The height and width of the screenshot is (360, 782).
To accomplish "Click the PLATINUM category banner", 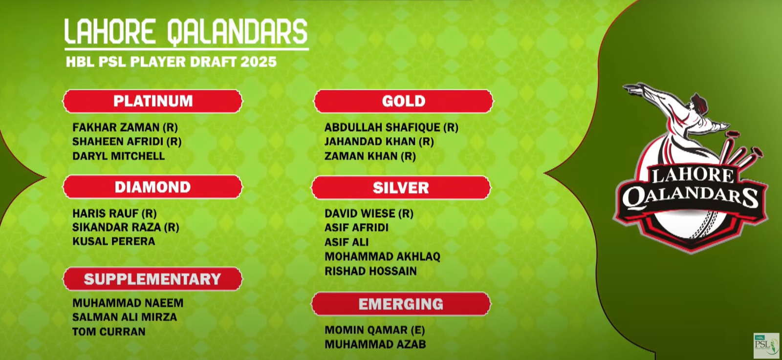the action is click(x=152, y=101).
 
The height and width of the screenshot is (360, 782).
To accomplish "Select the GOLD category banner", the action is click(x=404, y=101).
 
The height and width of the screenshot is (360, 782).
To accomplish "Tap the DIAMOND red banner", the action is click(x=152, y=187).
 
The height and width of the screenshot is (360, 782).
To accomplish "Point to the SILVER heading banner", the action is click(x=401, y=188).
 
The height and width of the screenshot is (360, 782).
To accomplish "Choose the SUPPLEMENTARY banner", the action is click(x=152, y=279).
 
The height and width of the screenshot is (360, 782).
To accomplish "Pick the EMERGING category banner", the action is click(x=401, y=304).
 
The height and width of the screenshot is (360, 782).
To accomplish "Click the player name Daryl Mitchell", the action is click(x=119, y=156).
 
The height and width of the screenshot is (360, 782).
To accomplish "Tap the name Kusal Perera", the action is click(x=114, y=241).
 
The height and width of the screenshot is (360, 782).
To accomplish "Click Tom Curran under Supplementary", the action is click(x=109, y=331).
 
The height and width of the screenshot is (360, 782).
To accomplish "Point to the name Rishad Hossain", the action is click(x=371, y=271).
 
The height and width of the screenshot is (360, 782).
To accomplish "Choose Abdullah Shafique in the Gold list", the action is click(x=383, y=127).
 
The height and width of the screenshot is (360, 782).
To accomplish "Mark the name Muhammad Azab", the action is click(x=375, y=344).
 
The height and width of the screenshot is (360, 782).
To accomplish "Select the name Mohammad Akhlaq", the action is click(x=383, y=256).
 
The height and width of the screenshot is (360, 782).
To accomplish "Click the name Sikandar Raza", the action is click(x=117, y=228).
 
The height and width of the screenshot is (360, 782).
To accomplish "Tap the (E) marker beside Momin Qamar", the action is click(x=418, y=330).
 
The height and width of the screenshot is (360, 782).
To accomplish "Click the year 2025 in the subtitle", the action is click(x=259, y=62).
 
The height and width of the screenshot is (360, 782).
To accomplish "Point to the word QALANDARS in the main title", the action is click(x=238, y=32).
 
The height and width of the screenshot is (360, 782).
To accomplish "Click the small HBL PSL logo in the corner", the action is click(x=766, y=345).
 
